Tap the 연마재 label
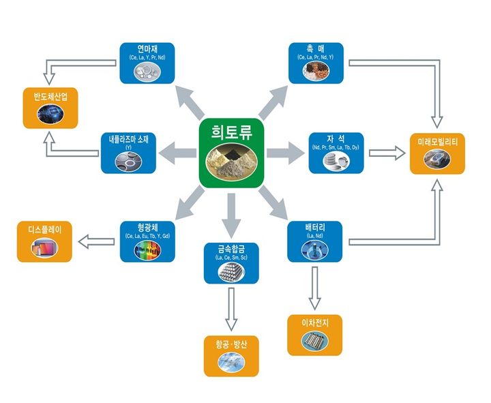(147, 50)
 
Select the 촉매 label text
(315, 50)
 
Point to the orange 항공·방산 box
(231, 355)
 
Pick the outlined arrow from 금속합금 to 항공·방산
(231, 308)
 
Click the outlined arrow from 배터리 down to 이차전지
(314, 286)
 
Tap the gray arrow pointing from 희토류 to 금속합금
(232, 211)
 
